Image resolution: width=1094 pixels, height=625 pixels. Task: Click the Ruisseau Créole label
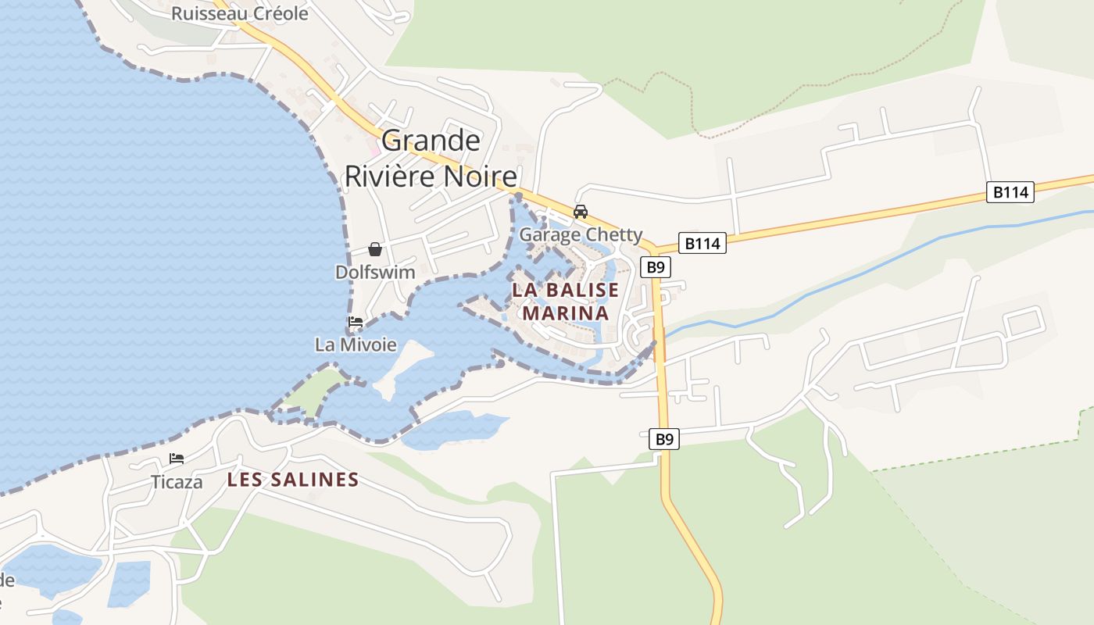[x=240, y=13]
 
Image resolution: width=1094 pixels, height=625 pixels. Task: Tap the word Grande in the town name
[x=431, y=141]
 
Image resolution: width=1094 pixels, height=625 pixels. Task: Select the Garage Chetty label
[x=581, y=234]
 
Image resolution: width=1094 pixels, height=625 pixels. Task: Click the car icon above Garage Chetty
[x=580, y=212]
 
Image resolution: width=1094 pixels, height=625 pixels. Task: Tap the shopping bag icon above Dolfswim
[x=375, y=249]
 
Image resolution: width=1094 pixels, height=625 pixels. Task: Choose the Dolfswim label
[x=375, y=273]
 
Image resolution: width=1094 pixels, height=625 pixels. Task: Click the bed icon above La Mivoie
[x=356, y=322]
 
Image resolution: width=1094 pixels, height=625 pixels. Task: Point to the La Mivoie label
[x=356, y=345]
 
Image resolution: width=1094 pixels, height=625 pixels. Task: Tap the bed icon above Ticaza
[x=177, y=459]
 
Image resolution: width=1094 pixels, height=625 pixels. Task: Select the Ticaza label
[x=177, y=482]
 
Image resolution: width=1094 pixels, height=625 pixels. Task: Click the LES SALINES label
[x=293, y=480]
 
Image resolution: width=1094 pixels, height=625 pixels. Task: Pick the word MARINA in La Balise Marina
[x=565, y=313]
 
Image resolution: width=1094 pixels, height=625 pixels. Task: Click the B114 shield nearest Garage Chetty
[x=702, y=244]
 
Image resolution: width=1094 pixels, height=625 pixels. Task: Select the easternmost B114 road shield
[x=1010, y=192]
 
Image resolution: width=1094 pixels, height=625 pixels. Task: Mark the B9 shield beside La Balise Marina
[x=656, y=267]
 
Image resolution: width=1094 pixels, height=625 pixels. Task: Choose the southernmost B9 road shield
[x=664, y=439]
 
